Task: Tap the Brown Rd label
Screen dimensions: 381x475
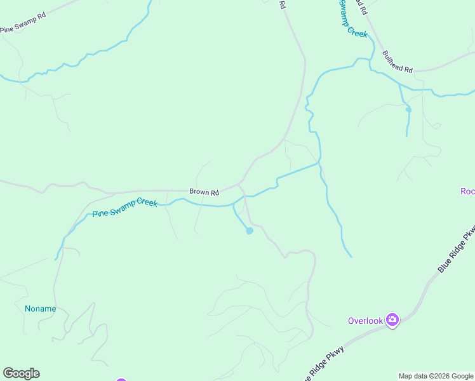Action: [x=204, y=192]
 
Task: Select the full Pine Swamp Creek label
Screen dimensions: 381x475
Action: [x=124, y=208]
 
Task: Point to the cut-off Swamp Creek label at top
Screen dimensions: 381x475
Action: [x=352, y=18]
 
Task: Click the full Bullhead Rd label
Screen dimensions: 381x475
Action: [x=398, y=62]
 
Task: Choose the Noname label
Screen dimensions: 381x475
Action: [x=41, y=309]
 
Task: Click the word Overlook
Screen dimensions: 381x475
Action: [x=365, y=321]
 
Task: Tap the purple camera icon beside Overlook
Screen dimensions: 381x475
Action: [x=392, y=320]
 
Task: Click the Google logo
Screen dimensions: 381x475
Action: [x=21, y=373]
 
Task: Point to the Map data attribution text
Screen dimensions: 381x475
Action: [x=436, y=376]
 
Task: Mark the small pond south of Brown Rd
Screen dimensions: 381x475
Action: [x=250, y=231]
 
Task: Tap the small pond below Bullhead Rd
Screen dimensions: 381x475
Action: [x=408, y=110]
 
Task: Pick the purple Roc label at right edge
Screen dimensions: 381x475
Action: [x=467, y=192]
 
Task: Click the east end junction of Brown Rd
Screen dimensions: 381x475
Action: [x=239, y=184]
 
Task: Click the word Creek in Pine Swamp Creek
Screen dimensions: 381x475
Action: [x=145, y=204]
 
